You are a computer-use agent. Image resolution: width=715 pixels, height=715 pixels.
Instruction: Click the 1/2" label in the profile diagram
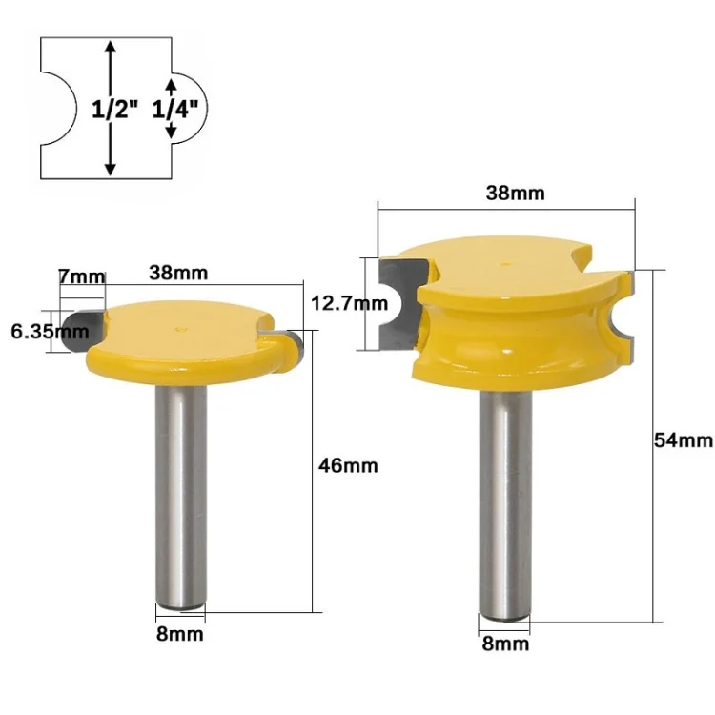pyautogui.click(x=114, y=110)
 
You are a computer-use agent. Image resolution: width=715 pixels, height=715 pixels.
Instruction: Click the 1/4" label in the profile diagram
pyautogui.click(x=175, y=110)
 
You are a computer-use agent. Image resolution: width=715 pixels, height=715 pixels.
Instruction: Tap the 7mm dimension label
pyautogui.click(x=82, y=276)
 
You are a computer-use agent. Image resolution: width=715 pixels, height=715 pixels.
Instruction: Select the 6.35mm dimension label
pyautogui.click(x=50, y=332)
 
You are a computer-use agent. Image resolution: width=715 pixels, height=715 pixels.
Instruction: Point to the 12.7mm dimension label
pyautogui.click(x=349, y=303)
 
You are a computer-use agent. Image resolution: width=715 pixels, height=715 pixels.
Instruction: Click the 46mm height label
pyautogui.click(x=348, y=465)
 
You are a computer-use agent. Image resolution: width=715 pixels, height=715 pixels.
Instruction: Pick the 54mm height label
pyautogui.click(x=684, y=440)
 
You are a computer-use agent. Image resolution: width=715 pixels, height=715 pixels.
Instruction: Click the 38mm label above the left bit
pyautogui.click(x=178, y=273)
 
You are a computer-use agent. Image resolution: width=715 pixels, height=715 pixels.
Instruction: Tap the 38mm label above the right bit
pyautogui.click(x=515, y=193)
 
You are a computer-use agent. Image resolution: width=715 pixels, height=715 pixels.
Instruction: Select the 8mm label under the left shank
pyautogui.click(x=179, y=634)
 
